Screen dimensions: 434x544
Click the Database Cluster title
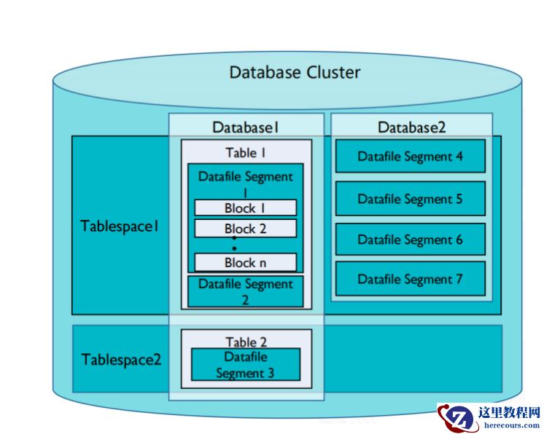point(295,72)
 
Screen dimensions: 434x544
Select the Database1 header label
point(246,127)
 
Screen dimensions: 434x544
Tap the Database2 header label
point(411,127)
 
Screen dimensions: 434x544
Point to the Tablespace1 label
point(120,225)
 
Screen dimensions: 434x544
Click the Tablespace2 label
point(121,359)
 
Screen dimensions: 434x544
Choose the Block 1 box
point(245,208)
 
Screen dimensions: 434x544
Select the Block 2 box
point(245,229)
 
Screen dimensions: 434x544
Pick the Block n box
point(245,262)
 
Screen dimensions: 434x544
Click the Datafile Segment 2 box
point(245,291)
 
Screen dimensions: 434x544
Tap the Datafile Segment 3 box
point(245,365)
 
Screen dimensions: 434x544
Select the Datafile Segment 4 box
point(410,156)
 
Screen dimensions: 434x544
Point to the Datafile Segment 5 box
point(410,198)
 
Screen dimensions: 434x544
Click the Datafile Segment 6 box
point(410,240)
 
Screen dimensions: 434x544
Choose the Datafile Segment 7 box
point(410,279)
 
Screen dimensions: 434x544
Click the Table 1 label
point(246,153)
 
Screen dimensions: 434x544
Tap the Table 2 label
point(246,342)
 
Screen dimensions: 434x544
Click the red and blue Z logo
point(458,419)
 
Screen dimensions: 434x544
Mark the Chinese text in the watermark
point(510,412)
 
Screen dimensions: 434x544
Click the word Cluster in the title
point(333,72)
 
